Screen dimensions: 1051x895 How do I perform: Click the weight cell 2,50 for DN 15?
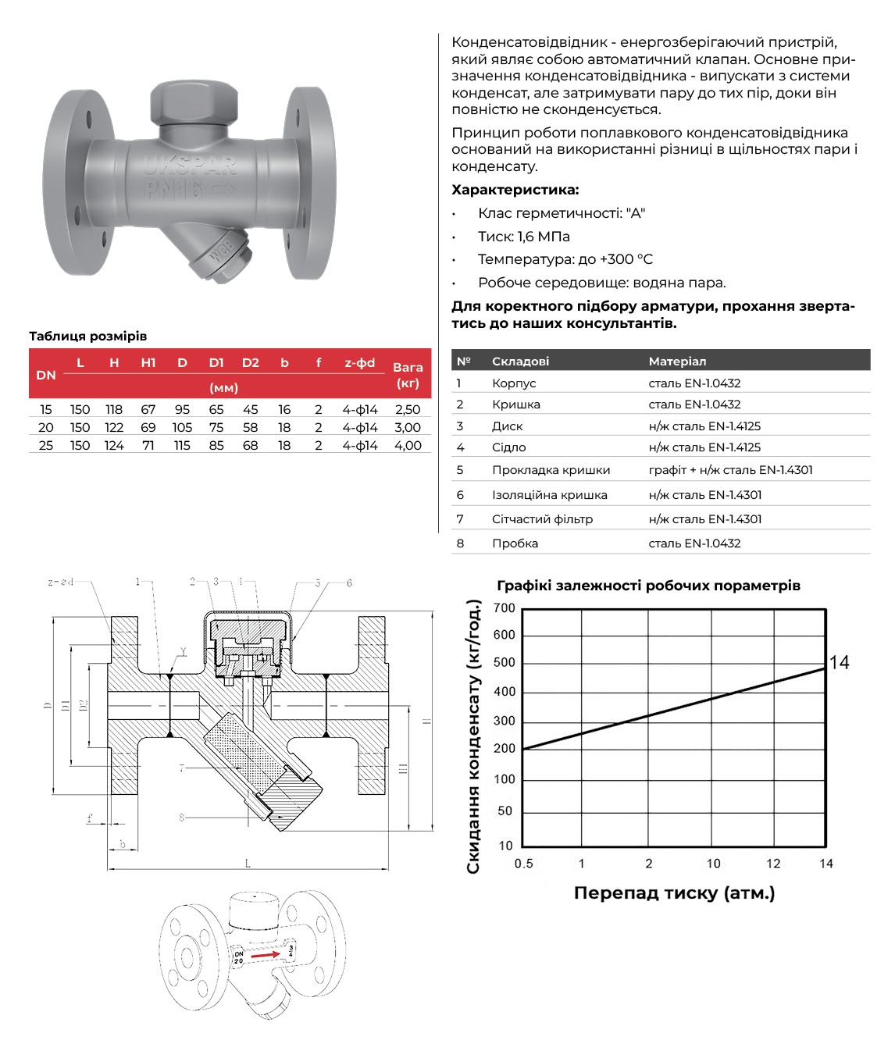tap(408, 409)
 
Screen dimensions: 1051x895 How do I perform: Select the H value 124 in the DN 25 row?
tap(114, 445)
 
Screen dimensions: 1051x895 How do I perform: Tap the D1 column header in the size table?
tap(216, 362)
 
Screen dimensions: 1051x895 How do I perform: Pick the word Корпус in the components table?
tap(514, 383)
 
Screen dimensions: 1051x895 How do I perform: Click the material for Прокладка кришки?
tap(730, 470)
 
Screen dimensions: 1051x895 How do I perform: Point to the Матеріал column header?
tap(677, 361)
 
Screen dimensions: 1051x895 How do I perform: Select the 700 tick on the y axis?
tap(505, 608)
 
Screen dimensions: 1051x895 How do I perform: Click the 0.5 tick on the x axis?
tap(523, 864)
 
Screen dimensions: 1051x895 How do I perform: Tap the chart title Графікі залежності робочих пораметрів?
tap(648, 586)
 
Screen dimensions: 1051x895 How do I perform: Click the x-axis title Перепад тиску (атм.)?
tap(674, 892)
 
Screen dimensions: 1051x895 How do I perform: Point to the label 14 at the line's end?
tap(839, 663)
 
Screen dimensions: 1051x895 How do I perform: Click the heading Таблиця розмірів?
tap(87, 337)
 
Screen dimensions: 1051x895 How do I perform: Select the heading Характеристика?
tap(515, 190)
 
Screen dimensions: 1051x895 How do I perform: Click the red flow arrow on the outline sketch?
tap(266, 955)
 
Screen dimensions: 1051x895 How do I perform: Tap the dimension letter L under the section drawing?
tap(248, 864)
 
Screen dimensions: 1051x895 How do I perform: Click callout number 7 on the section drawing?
tap(181, 768)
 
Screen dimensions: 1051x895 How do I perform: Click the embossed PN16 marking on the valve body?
tap(174, 188)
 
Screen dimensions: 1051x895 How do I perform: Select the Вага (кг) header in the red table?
tap(408, 375)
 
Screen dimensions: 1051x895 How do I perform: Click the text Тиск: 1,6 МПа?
tap(523, 237)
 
